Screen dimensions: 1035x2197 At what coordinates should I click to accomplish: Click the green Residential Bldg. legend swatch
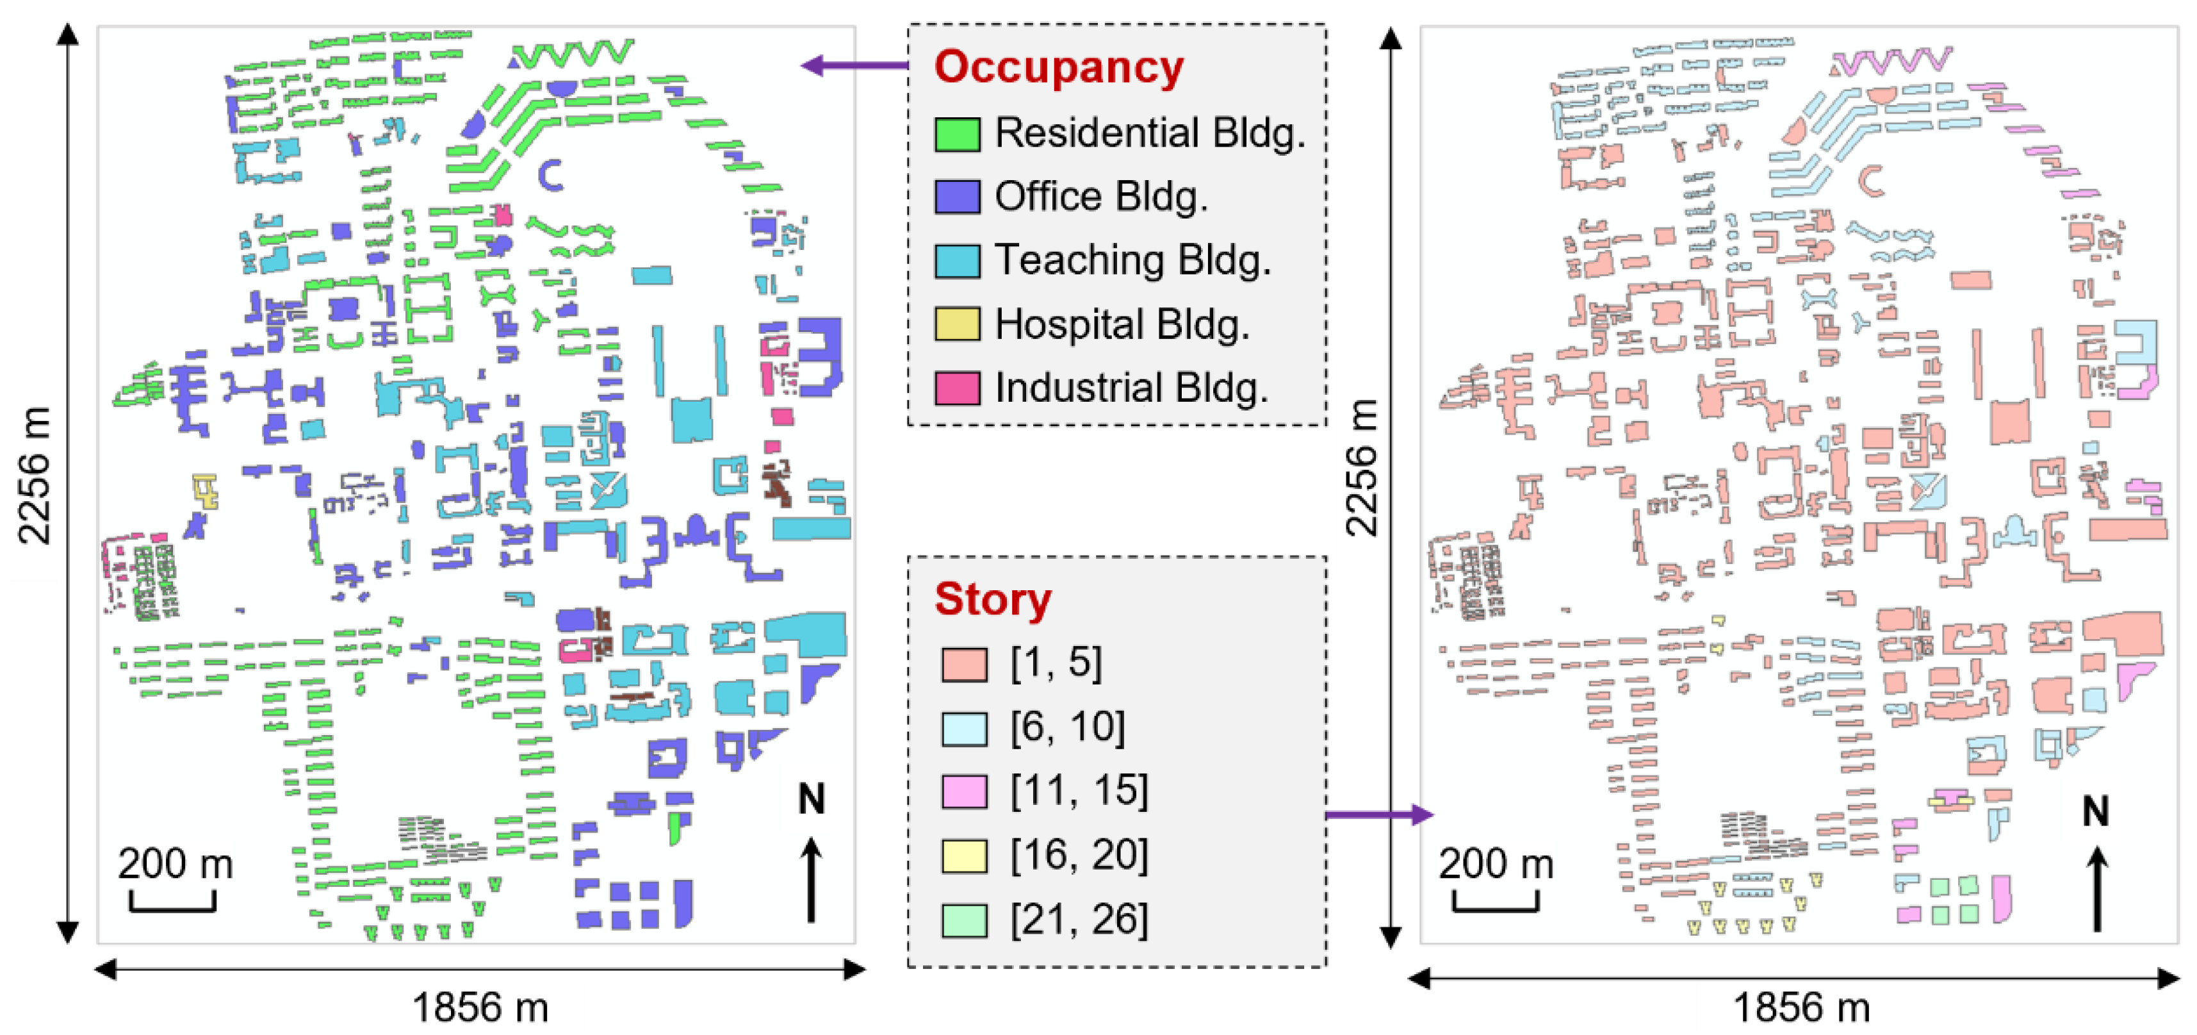coord(957,134)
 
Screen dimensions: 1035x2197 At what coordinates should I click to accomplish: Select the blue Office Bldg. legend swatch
coord(957,197)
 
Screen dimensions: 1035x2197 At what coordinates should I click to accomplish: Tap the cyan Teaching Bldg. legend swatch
coord(957,261)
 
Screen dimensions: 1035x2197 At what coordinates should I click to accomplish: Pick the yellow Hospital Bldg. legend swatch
coord(957,325)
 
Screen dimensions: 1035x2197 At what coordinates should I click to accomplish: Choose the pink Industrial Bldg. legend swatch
coord(957,388)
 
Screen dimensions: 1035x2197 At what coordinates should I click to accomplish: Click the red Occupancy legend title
coord(1058,67)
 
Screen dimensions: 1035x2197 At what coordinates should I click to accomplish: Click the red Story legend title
coord(993,599)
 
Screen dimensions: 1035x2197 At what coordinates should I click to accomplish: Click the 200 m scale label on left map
coord(175,863)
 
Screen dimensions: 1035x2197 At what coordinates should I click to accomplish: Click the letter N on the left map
coord(811,800)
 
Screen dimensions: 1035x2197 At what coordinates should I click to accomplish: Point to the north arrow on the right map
coord(2096,888)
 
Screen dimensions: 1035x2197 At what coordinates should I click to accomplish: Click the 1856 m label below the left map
coord(480,1007)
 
